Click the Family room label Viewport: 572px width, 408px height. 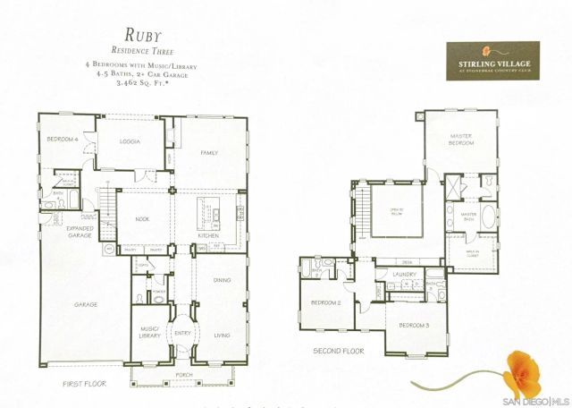209,153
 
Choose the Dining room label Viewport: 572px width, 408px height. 222,280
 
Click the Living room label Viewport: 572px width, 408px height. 222,336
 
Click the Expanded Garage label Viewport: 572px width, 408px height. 80,232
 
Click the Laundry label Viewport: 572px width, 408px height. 406,275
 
